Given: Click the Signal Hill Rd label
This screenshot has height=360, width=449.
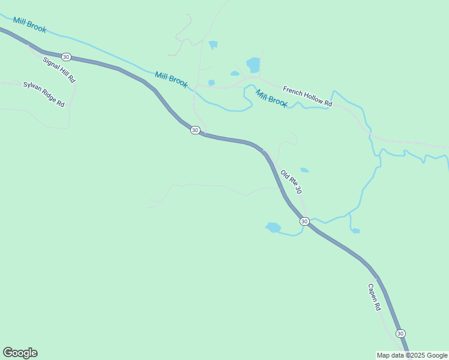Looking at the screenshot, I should click(59, 70).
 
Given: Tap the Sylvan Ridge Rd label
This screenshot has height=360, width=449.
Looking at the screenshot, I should click(44, 94).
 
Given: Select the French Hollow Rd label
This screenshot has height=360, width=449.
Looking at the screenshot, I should click(307, 95).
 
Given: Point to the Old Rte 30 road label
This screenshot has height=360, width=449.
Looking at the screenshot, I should click(291, 182).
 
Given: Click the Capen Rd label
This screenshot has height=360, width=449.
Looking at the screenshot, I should click(375, 297).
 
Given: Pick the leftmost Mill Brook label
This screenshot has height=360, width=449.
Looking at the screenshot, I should click(29, 25).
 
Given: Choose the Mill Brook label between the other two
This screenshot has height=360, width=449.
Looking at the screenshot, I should click(171, 79).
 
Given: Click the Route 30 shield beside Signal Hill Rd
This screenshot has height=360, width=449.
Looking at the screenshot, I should click(66, 57).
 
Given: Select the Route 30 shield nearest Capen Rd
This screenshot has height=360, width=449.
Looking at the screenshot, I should click(400, 334).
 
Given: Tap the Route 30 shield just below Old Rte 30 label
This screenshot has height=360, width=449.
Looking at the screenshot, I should click(304, 221).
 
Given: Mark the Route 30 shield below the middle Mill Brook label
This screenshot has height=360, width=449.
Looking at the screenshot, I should click(194, 130).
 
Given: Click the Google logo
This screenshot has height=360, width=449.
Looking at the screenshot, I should click(20, 353).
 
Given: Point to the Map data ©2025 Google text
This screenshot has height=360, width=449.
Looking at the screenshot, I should click(412, 355).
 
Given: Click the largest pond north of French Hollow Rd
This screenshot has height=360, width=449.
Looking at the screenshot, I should click(253, 64).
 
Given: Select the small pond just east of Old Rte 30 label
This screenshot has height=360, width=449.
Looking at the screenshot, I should click(305, 170).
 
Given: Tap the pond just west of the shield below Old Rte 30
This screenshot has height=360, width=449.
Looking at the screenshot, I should click(273, 227).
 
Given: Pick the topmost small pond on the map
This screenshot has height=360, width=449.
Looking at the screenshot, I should click(212, 44).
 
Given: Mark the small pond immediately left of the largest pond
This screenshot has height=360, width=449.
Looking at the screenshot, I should click(235, 74).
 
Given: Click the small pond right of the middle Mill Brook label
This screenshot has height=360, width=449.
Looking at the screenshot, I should click(211, 83).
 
